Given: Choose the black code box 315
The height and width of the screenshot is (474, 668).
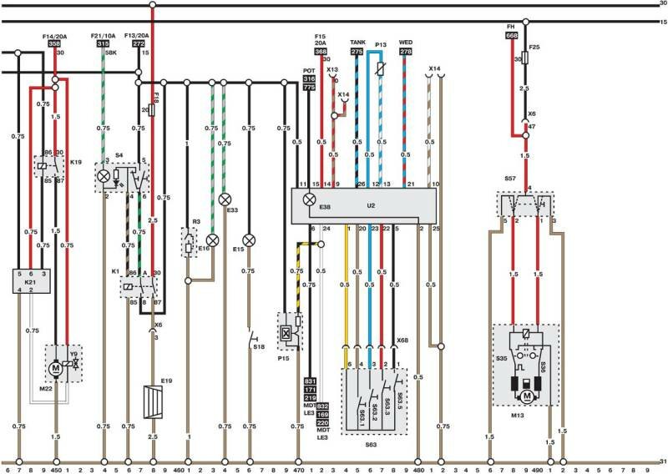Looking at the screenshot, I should (x=102, y=44).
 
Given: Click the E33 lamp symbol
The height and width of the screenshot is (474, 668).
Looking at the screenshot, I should (x=224, y=199).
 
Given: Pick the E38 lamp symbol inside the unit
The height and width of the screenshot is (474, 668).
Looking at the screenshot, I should (x=309, y=199).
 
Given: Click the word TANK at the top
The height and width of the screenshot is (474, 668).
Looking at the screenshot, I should (x=357, y=42).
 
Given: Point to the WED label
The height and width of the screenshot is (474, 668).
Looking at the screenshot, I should (x=406, y=42).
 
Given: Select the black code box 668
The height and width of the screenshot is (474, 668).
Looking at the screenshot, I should (x=511, y=36).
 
